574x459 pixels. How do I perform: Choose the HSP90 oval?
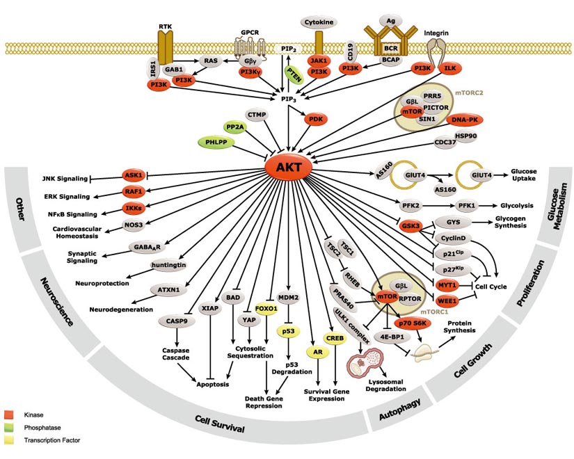pyautogui.click(x=465, y=136)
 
